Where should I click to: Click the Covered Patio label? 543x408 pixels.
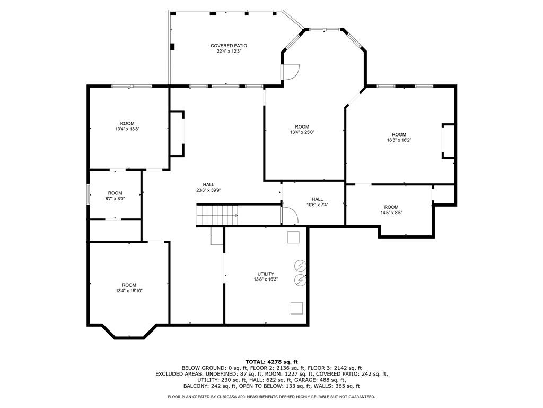coord(229,46)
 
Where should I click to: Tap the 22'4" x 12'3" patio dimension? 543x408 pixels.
coord(229,52)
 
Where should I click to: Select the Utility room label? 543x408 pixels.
coord(266,274)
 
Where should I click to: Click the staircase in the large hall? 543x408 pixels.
coord(217,215)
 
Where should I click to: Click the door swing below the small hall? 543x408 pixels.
coord(290,215)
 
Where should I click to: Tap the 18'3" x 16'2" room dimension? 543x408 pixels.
coord(399,140)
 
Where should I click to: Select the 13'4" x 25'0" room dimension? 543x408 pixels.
coord(302,132)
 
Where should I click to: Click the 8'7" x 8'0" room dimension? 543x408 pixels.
coord(115,199)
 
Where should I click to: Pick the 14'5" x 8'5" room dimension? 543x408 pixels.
coord(391,212)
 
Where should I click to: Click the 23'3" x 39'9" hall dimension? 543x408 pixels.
coord(208,190)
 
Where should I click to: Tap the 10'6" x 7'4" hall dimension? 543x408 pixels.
coord(317,205)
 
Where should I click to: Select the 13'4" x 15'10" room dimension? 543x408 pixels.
coord(129,291)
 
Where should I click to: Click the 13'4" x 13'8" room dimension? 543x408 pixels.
coord(127,129)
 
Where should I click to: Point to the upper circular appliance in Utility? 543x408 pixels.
coord(300,265)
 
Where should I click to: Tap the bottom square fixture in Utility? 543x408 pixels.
coord(296,308)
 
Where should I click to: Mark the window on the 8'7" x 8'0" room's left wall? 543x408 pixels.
coord(89,193)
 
